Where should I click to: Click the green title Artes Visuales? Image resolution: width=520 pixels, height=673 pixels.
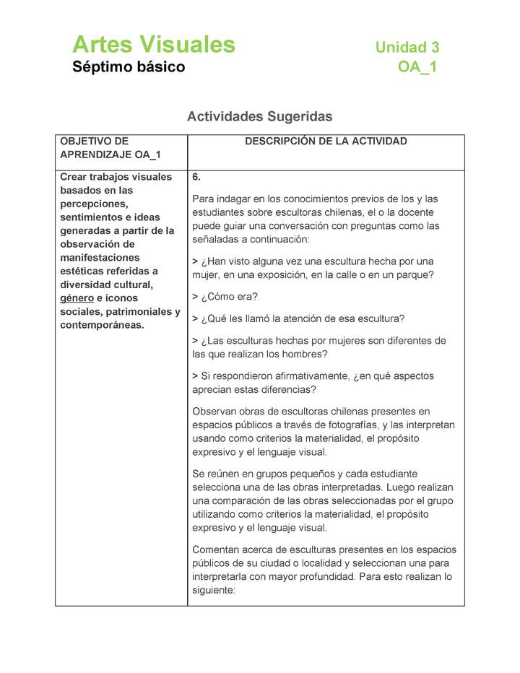pos(153,45)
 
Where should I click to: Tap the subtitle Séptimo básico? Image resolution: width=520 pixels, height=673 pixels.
pos(129,67)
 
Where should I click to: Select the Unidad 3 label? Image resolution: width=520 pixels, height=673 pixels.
pos(407,48)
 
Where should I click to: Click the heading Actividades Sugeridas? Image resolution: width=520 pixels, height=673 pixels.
pos(259,116)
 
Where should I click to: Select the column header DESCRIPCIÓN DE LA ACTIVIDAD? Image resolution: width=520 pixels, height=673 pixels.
pos(326,142)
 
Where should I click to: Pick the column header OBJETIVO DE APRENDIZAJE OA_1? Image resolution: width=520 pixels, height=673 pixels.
pos(110,148)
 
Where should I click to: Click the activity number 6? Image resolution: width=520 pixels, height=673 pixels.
pos(196,177)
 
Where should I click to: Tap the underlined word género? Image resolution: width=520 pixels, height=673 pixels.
pos(77,298)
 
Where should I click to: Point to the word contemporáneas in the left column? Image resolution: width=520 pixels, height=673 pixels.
pos(101,325)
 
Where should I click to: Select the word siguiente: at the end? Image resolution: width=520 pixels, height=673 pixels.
pos(214,590)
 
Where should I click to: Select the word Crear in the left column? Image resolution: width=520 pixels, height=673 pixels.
pos(74,177)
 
